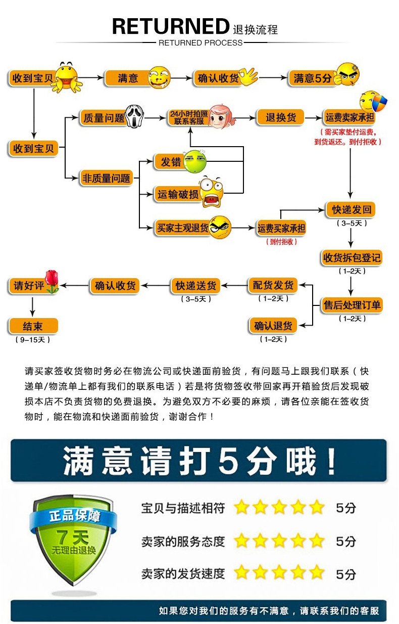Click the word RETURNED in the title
point(171,26)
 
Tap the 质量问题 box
point(103,118)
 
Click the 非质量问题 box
point(106,178)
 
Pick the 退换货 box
point(280,118)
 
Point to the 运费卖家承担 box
point(350,118)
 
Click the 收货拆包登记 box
point(352,258)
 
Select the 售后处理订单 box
point(352,305)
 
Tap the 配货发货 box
point(273,285)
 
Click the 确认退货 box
point(273,326)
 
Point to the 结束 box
point(33,326)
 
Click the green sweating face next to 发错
point(194,161)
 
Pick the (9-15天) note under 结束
point(33,340)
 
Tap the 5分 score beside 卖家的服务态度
point(346,541)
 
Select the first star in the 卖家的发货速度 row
point(242,572)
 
